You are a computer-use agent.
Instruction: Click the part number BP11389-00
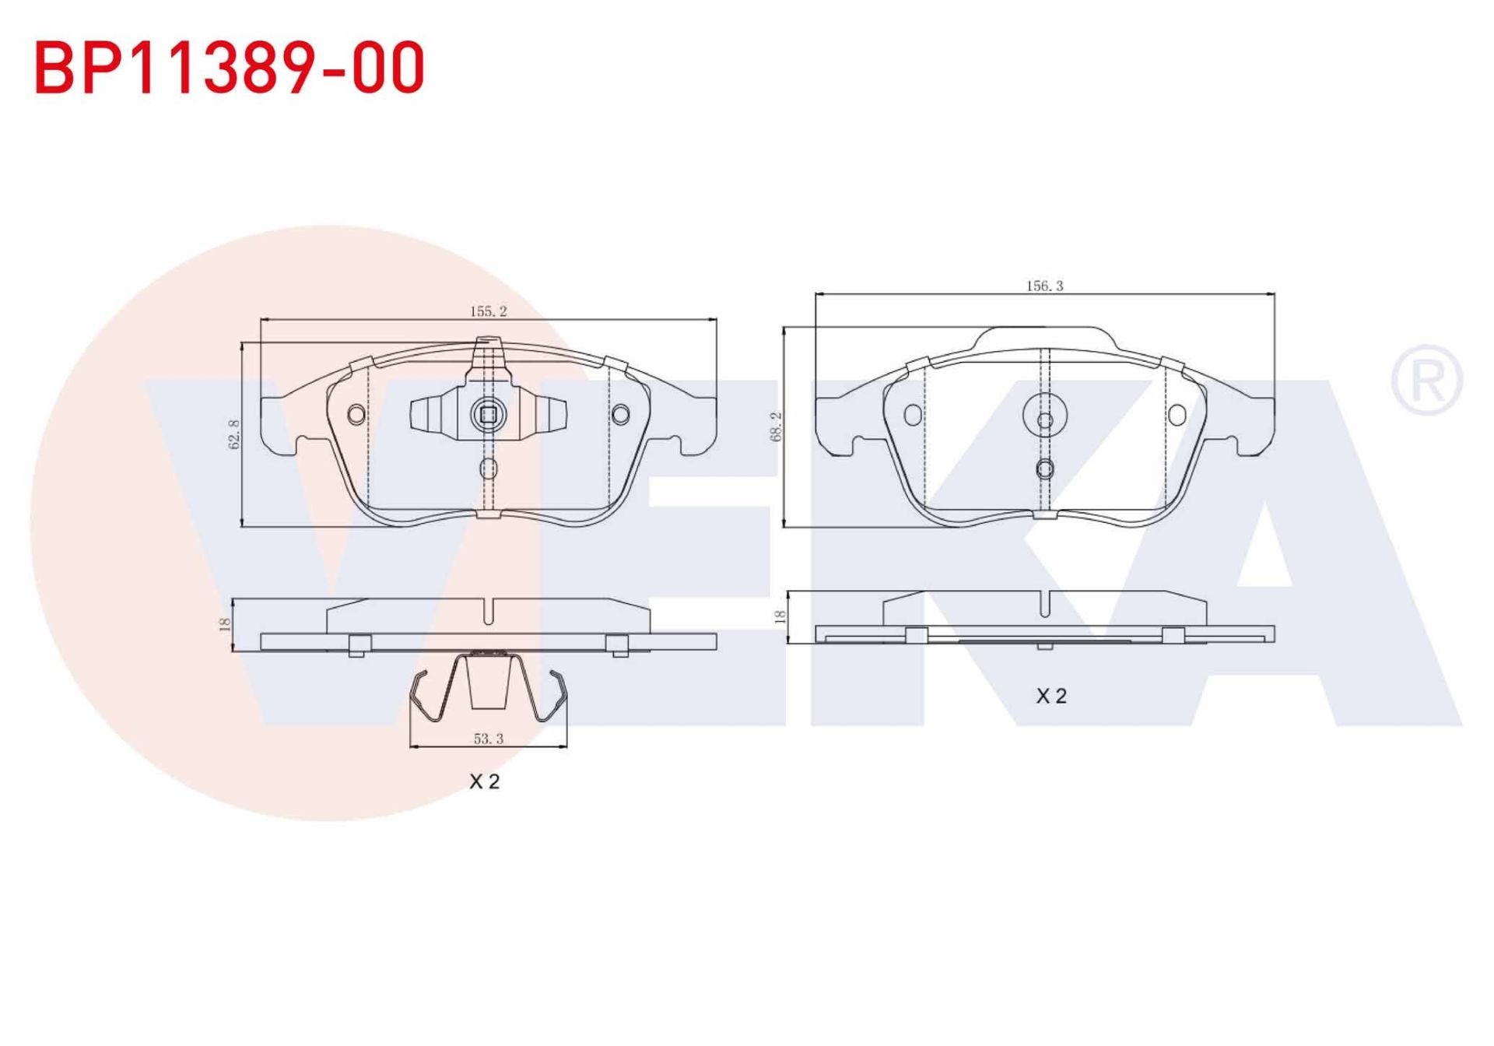[x=230, y=68]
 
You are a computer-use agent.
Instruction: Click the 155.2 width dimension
[x=488, y=311]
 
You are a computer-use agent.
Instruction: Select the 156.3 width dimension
[x=1044, y=286]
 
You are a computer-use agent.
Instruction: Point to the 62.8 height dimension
[x=234, y=434]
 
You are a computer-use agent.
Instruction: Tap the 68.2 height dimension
[x=776, y=427]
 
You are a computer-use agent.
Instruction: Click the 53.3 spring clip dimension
[x=489, y=739]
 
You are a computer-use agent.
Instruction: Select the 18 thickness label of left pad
[x=225, y=623]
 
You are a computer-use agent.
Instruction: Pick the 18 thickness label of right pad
[x=780, y=616]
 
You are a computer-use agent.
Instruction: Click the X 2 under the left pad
[x=484, y=781]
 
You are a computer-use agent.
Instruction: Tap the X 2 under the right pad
[x=1051, y=696]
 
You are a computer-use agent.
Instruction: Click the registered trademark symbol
[x=1426, y=381]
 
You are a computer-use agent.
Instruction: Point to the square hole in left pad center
[x=488, y=415]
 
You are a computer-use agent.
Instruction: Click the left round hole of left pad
[x=356, y=414]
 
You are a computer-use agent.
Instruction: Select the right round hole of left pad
[x=620, y=414]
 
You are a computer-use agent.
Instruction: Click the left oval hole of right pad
[x=913, y=415]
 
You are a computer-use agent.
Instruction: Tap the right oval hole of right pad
[x=1177, y=415]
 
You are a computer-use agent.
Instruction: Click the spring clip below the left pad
[x=488, y=689]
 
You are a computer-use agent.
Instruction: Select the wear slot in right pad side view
[x=1045, y=605]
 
